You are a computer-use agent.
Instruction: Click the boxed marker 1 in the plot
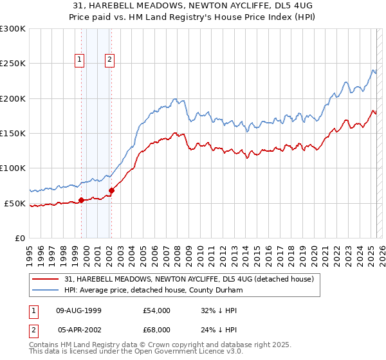coord(80,60)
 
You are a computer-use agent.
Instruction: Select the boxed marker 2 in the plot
coord(110,60)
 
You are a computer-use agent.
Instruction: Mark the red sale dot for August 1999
coord(82,200)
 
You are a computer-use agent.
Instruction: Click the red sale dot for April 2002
coord(112,190)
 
